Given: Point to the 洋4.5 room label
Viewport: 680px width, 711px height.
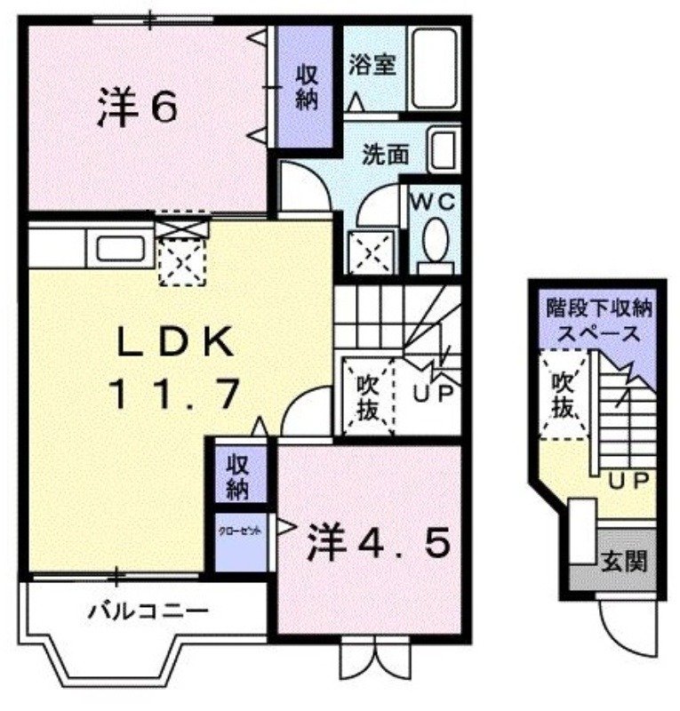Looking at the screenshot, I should pyautogui.click(x=372, y=544).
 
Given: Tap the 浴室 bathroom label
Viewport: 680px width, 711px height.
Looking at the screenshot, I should pyautogui.click(x=372, y=65).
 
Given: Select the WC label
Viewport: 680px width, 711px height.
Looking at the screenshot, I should pyautogui.click(x=433, y=202).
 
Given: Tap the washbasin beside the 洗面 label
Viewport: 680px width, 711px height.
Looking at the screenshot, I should pyautogui.click(x=442, y=150).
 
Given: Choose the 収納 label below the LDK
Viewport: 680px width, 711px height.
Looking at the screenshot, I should pyautogui.click(x=236, y=475).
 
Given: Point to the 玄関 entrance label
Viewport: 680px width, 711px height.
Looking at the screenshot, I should pyautogui.click(x=626, y=562).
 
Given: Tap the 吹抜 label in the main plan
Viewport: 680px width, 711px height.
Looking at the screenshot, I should pyautogui.click(x=369, y=395).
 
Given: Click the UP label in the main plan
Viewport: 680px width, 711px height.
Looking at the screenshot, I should pyautogui.click(x=433, y=392).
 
